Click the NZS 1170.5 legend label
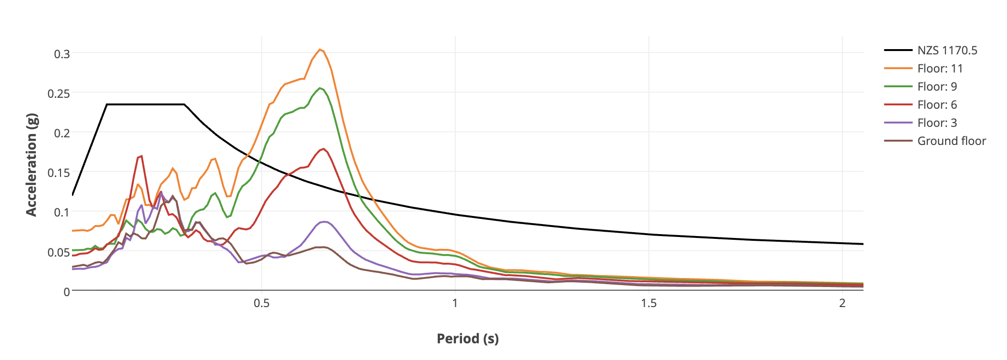tap(947, 51)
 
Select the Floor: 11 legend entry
tap(940, 69)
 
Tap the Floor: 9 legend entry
tap(937, 87)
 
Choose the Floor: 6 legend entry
tap(937, 105)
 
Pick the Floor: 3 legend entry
tap(937, 123)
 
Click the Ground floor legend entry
tap(951, 141)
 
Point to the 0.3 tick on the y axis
tap(62, 54)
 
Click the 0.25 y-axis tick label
tap(59, 93)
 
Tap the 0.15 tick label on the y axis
tap(59, 173)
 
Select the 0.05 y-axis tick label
tap(59, 252)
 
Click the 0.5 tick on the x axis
tap(261, 303)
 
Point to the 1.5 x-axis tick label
tap(648, 303)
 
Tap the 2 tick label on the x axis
tap(842, 303)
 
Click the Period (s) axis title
tap(467, 339)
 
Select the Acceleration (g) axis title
tap(31, 165)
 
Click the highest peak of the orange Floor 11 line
tap(320, 50)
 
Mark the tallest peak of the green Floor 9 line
tap(320, 88)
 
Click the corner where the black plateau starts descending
tap(184, 104)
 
